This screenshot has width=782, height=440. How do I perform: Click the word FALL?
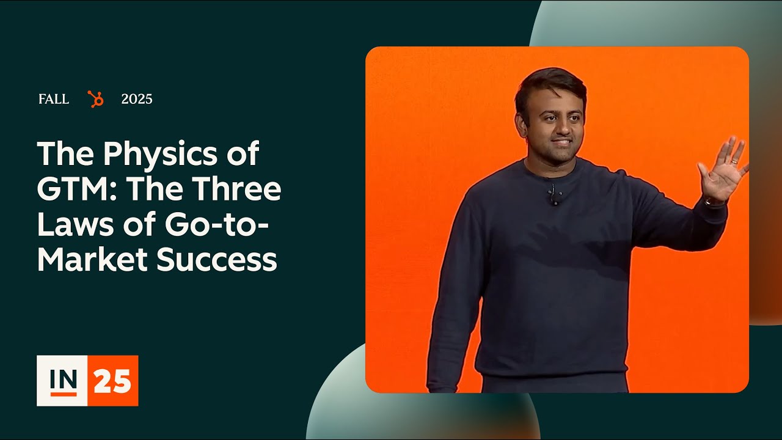point(54,99)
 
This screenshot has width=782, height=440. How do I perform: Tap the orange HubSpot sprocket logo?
point(95,99)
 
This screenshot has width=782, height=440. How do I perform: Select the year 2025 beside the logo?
point(137,99)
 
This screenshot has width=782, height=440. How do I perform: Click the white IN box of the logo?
point(62,380)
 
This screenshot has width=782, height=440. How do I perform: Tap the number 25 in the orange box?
point(112,381)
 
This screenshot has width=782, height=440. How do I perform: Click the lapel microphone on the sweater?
point(554,195)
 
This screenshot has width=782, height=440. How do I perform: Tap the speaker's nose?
point(559,130)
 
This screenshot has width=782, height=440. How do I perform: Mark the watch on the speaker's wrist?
point(712,202)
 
